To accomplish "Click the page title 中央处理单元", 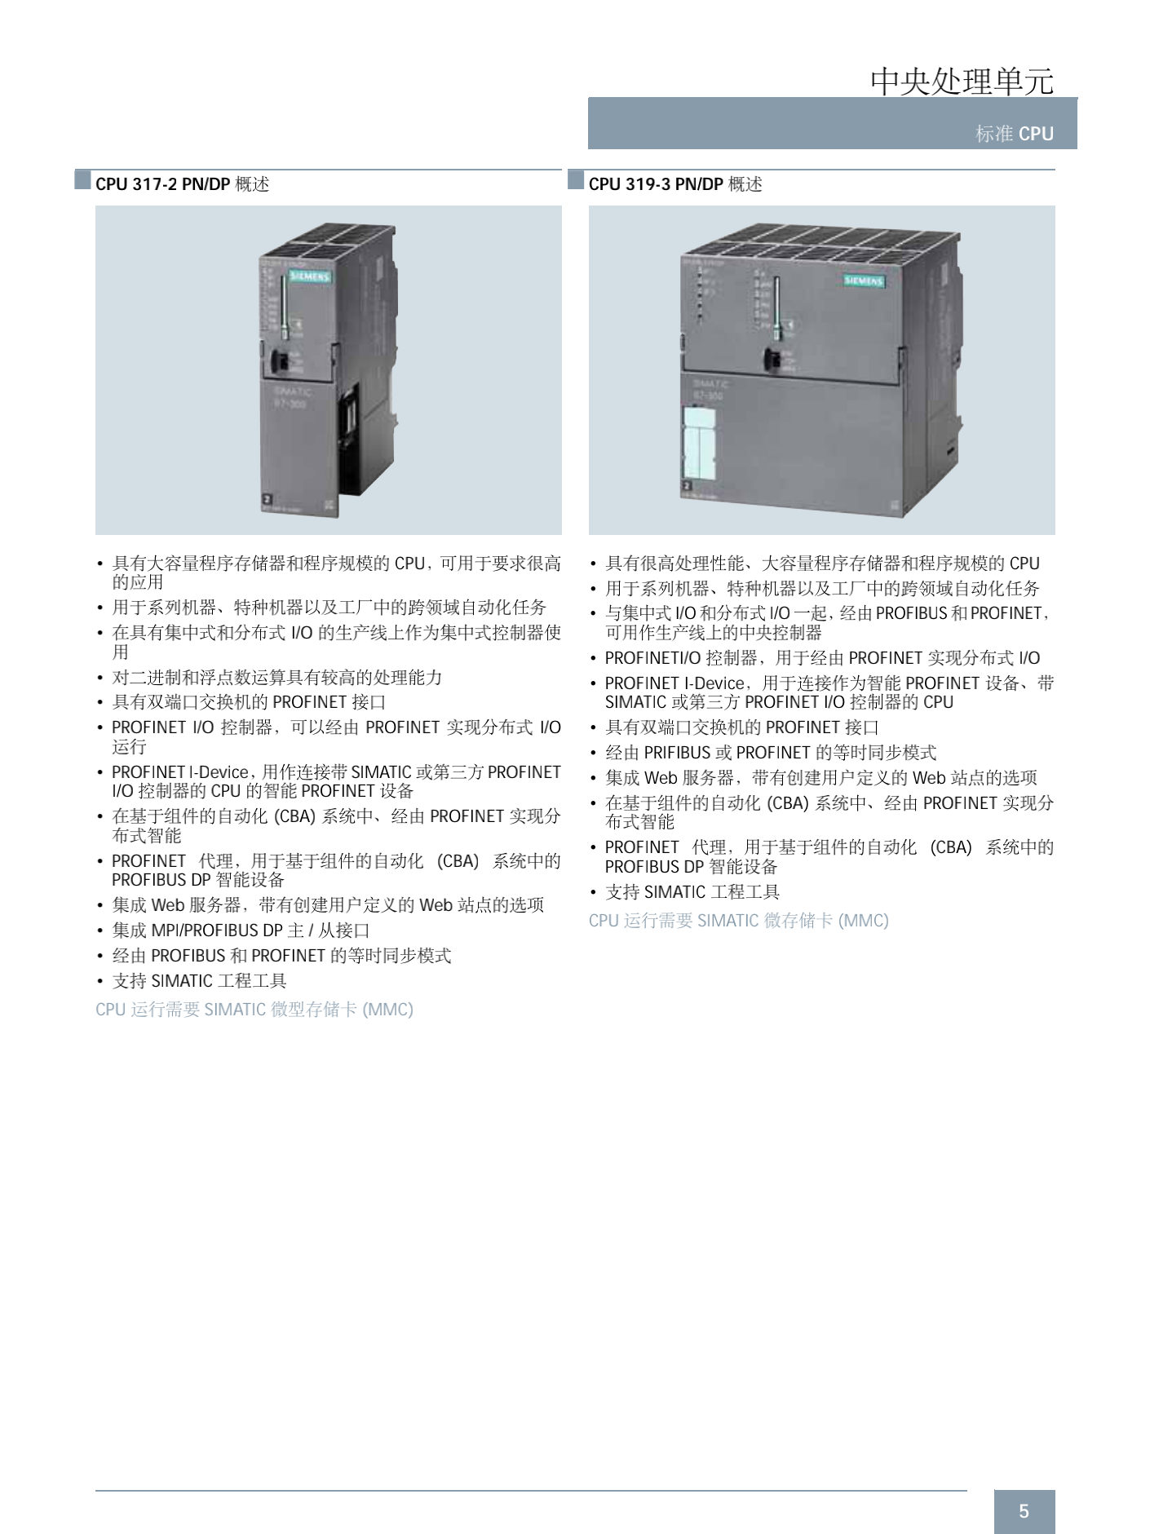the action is (x=962, y=81).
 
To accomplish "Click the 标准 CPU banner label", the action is (x=1015, y=134).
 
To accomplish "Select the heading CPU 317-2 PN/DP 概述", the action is (x=182, y=184).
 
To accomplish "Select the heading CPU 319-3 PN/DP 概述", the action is (x=675, y=184).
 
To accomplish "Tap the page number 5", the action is (x=1024, y=1511).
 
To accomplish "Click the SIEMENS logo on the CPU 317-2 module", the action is (x=310, y=276).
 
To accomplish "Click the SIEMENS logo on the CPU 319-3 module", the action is (x=864, y=281).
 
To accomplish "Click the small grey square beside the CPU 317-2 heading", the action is (x=82, y=179).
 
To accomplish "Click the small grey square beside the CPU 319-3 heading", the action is (x=576, y=179).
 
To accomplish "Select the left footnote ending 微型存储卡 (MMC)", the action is (x=254, y=1010).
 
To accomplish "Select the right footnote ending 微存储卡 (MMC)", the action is (x=739, y=921).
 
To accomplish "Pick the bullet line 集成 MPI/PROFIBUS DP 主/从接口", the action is (x=241, y=931).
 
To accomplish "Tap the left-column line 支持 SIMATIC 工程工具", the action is (x=200, y=981).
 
